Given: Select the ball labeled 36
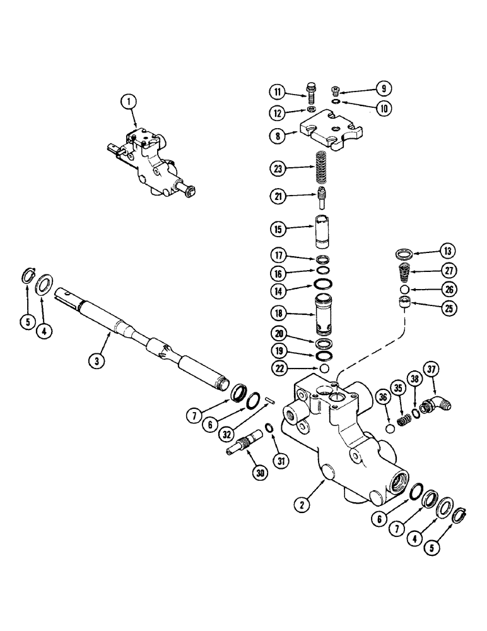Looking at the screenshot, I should (x=389, y=429).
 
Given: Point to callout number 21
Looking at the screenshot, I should (x=277, y=197).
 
